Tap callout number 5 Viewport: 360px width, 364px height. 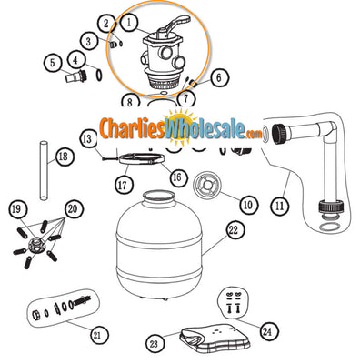pyautogui.click(x=54, y=63)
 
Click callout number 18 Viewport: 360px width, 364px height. pyautogui.click(x=62, y=157)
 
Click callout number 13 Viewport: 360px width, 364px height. pyautogui.click(x=87, y=138)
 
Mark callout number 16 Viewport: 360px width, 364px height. pyautogui.click(x=177, y=177)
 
